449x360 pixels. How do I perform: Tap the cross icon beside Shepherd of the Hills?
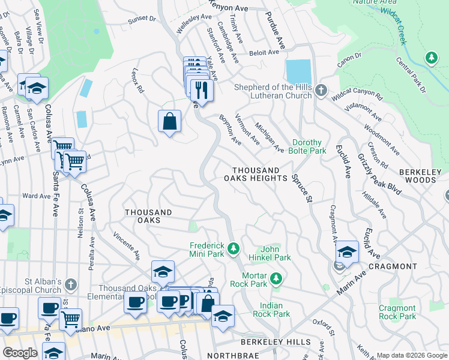pyautogui.click(x=321, y=91)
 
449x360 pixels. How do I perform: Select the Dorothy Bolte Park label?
pyautogui.click(x=309, y=146)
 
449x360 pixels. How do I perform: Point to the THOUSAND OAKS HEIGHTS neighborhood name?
pyautogui.click(x=256, y=175)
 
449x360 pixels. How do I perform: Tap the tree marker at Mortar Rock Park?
pyautogui.click(x=276, y=278)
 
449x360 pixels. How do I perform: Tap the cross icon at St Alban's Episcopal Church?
pyautogui.click(x=70, y=284)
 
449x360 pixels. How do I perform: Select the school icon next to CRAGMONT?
pyautogui.click(x=347, y=252)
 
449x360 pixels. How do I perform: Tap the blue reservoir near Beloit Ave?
pyautogui.click(x=298, y=72)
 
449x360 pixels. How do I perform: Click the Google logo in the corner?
pyautogui.click(x=20, y=353)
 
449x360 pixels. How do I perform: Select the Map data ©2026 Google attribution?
pyautogui.click(x=412, y=355)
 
